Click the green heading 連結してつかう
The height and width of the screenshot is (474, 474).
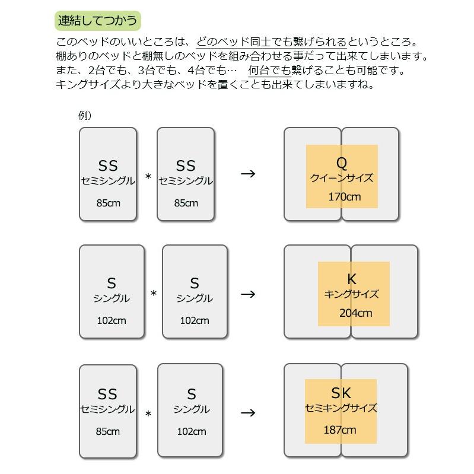[x=98, y=21]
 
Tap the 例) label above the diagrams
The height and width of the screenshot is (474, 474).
[x=85, y=116]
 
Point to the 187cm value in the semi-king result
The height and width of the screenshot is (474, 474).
[x=340, y=430]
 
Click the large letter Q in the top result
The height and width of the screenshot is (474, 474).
[x=342, y=163]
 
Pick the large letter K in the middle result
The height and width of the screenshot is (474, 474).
[x=352, y=279]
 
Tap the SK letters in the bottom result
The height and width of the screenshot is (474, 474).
[x=341, y=393]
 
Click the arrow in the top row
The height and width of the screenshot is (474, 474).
[x=248, y=174]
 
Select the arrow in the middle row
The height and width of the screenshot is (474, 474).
[x=248, y=294]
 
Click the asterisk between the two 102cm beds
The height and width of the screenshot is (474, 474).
[x=154, y=294]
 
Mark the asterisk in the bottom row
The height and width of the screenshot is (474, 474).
[x=148, y=414]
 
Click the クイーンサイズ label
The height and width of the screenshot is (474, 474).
[x=342, y=178]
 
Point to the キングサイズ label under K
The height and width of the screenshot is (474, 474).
[x=352, y=294]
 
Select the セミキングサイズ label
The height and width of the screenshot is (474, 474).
[x=341, y=408]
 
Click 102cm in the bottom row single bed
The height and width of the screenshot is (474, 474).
[x=192, y=431]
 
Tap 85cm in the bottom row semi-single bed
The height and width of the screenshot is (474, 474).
[x=108, y=431]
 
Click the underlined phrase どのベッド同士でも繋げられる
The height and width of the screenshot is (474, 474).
[x=271, y=43]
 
